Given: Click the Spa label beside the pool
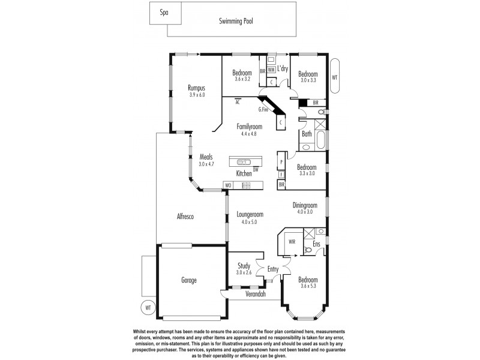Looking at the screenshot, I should pyautogui.click(x=163, y=12).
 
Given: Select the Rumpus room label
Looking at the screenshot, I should pyautogui.click(x=196, y=88).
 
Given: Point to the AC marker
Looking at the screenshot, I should pyautogui.click(x=238, y=102).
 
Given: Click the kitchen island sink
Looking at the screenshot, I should pyautogui.click(x=243, y=161).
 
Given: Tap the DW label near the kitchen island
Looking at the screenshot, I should pyautogui.click(x=256, y=170).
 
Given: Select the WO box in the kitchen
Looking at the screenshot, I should pyautogui.click(x=228, y=186).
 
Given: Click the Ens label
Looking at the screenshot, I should pyautogui.click(x=316, y=244).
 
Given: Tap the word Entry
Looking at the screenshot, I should pyautogui.click(x=273, y=269).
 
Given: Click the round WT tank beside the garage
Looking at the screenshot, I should pyautogui.click(x=148, y=307).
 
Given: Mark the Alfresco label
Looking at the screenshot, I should pyautogui.click(x=188, y=216).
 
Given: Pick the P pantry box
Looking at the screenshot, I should pyautogui.click(x=281, y=163).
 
